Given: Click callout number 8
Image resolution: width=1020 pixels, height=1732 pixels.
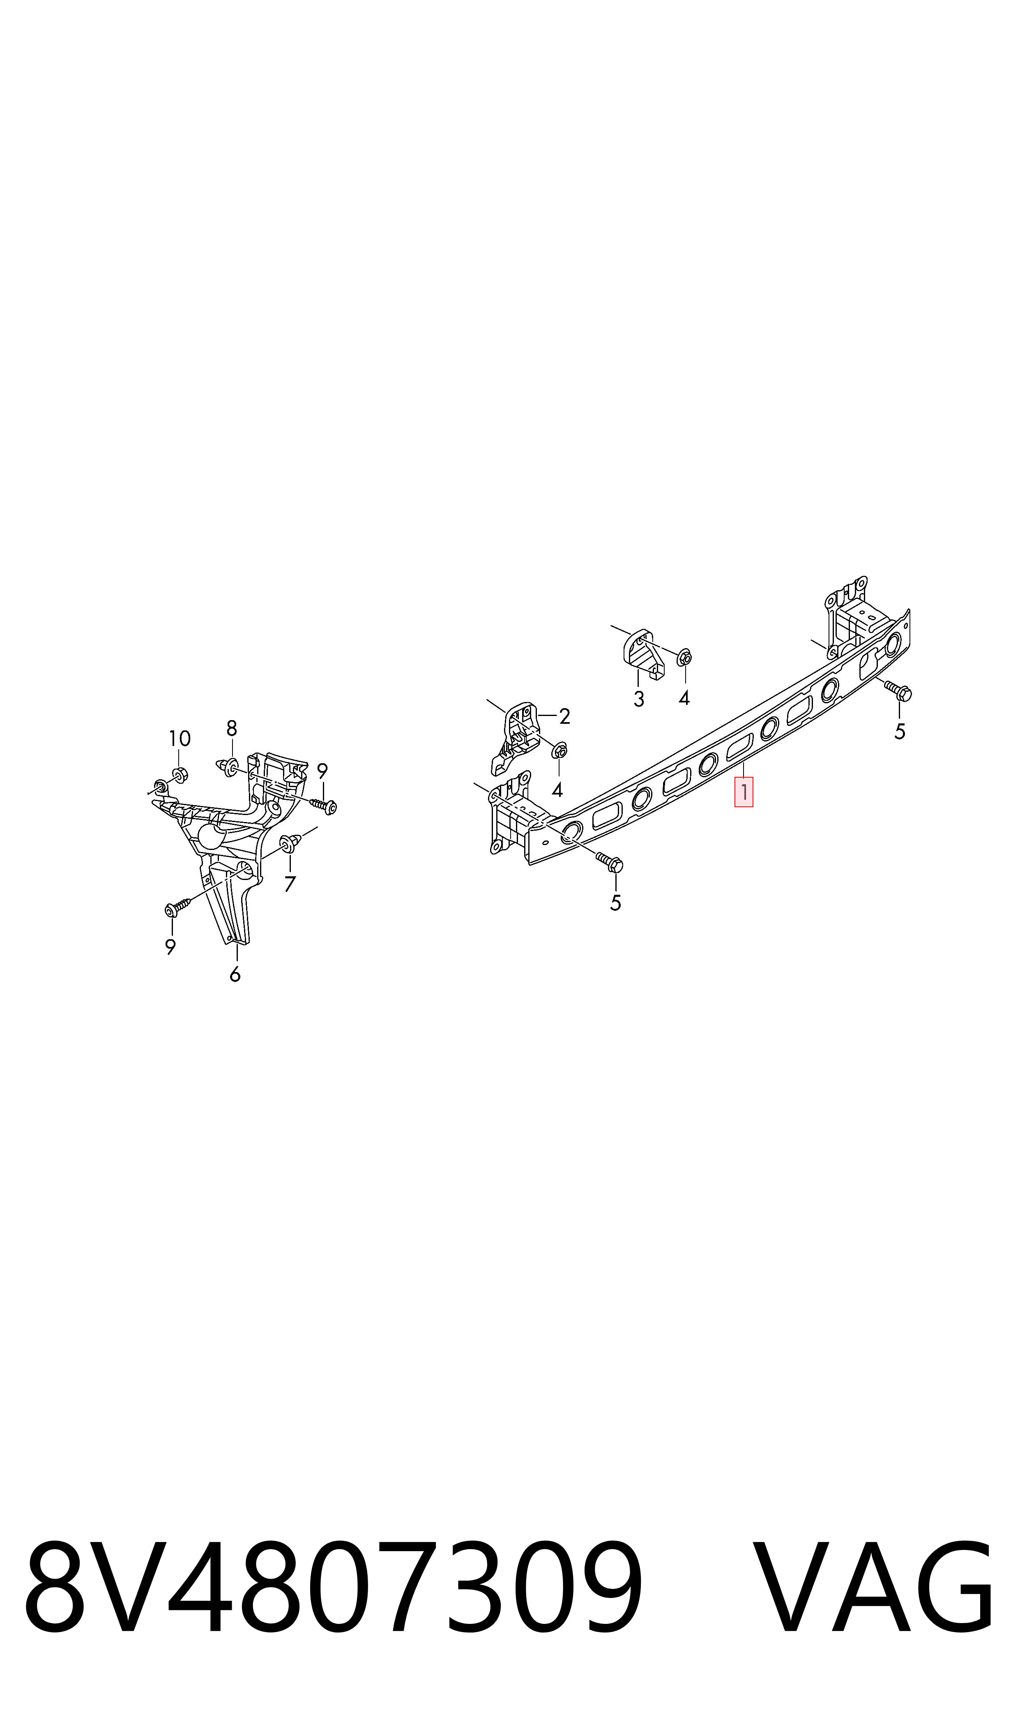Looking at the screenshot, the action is [x=232, y=728].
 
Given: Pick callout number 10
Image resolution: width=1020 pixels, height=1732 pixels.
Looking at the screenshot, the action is [x=180, y=739].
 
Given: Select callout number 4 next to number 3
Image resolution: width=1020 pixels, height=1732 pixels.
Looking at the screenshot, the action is [x=684, y=699].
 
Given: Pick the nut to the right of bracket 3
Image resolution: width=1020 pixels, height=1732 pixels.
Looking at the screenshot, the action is [x=684, y=658].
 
